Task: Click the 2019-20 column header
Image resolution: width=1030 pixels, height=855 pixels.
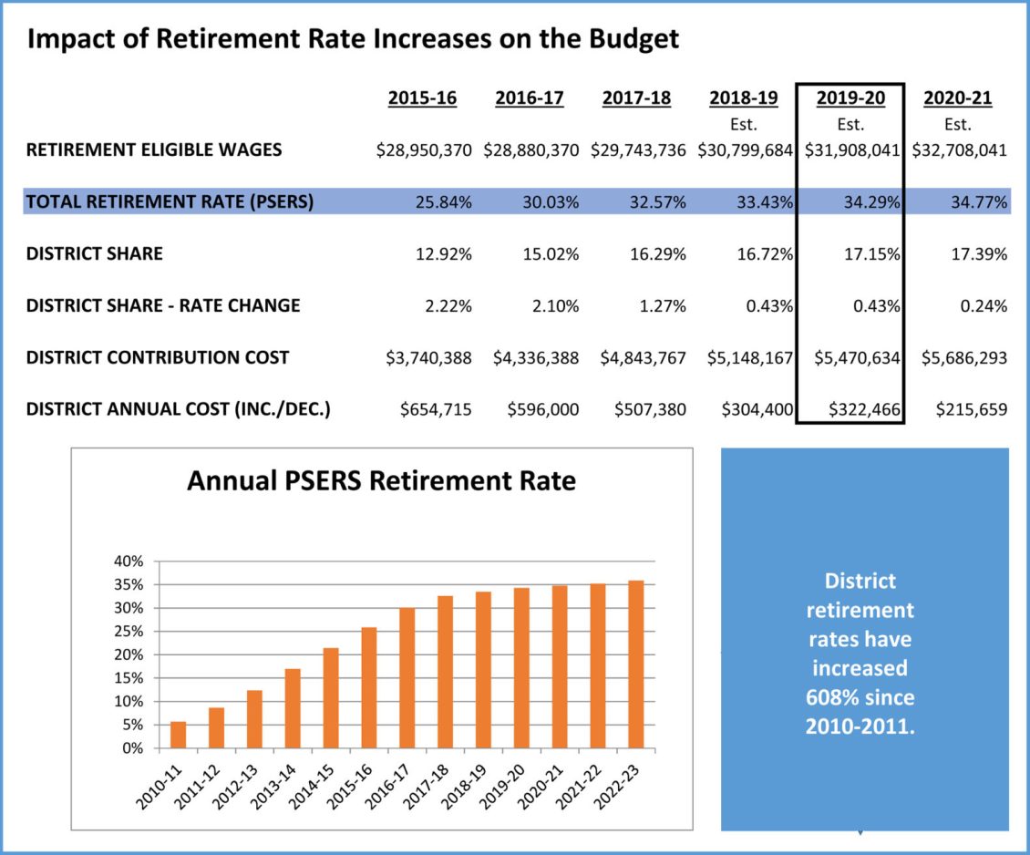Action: tap(850, 98)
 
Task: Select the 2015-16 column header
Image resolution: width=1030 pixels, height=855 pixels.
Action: tap(422, 98)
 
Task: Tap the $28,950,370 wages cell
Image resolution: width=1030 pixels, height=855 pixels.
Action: tap(424, 150)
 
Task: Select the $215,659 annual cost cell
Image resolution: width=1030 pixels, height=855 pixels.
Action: tap(972, 410)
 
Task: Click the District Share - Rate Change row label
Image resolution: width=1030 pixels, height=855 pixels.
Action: tap(163, 306)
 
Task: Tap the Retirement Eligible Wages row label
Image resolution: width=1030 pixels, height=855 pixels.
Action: tap(154, 150)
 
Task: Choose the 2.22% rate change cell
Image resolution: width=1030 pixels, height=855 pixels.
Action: tap(447, 306)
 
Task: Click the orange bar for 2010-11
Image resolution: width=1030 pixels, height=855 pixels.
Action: tap(179, 735)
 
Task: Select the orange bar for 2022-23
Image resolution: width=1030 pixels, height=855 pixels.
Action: tap(635, 664)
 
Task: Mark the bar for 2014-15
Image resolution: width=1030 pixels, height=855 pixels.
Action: tap(331, 698)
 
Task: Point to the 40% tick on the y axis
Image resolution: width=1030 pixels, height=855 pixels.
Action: tap(129, 561)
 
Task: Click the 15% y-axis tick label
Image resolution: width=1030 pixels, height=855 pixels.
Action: tap(129, 678)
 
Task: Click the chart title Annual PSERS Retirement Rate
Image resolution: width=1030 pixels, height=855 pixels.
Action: tap(381, 480)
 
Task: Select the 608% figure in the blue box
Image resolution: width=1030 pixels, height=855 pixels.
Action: tap(831, 698)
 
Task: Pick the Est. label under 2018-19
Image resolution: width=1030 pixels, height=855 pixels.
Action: tap(743, 125)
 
